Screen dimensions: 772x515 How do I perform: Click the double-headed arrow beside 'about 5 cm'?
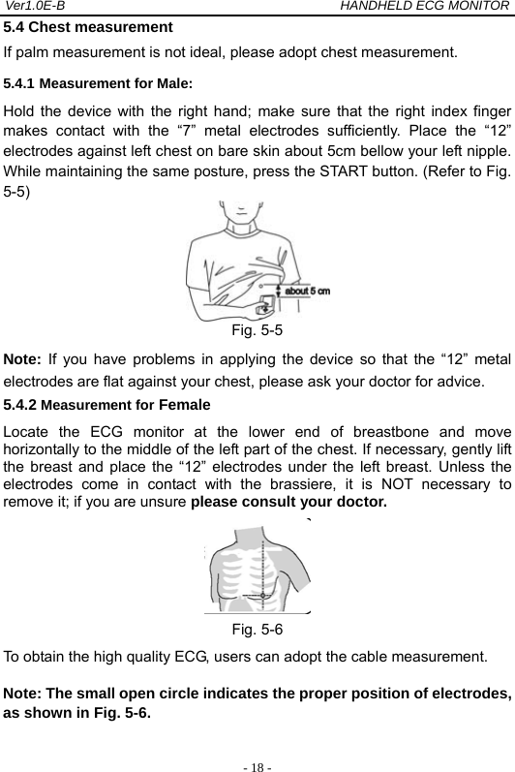(279, 290)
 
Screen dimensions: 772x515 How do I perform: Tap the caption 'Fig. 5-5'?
(257, 329)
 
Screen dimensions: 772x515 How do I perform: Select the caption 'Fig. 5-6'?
(257, 629)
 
